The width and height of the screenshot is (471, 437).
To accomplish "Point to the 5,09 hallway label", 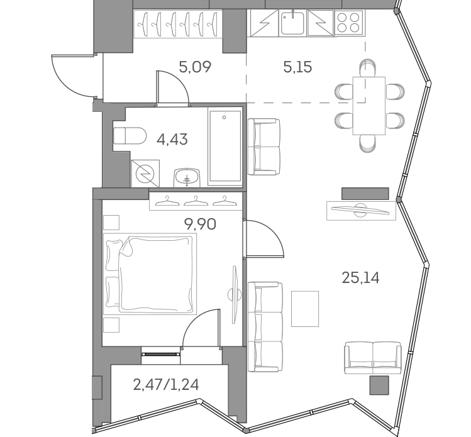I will pyautogui.click(x=194, y=65).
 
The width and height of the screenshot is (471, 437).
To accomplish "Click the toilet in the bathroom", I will pyautogui.click(x=128, y=135).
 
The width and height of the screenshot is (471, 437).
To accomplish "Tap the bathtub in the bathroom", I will pyautogui.click(x=224, y=147).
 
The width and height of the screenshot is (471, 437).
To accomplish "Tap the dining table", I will pyautogui.click(x=368, y=105).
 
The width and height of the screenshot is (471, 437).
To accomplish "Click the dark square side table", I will pyautogui.click(x=379, y=385).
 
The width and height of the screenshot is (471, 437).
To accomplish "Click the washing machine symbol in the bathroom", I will pyautogui.click(x=145, y=172).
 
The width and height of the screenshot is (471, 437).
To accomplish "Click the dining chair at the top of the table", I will pyautogui.click(x=367, y=66).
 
